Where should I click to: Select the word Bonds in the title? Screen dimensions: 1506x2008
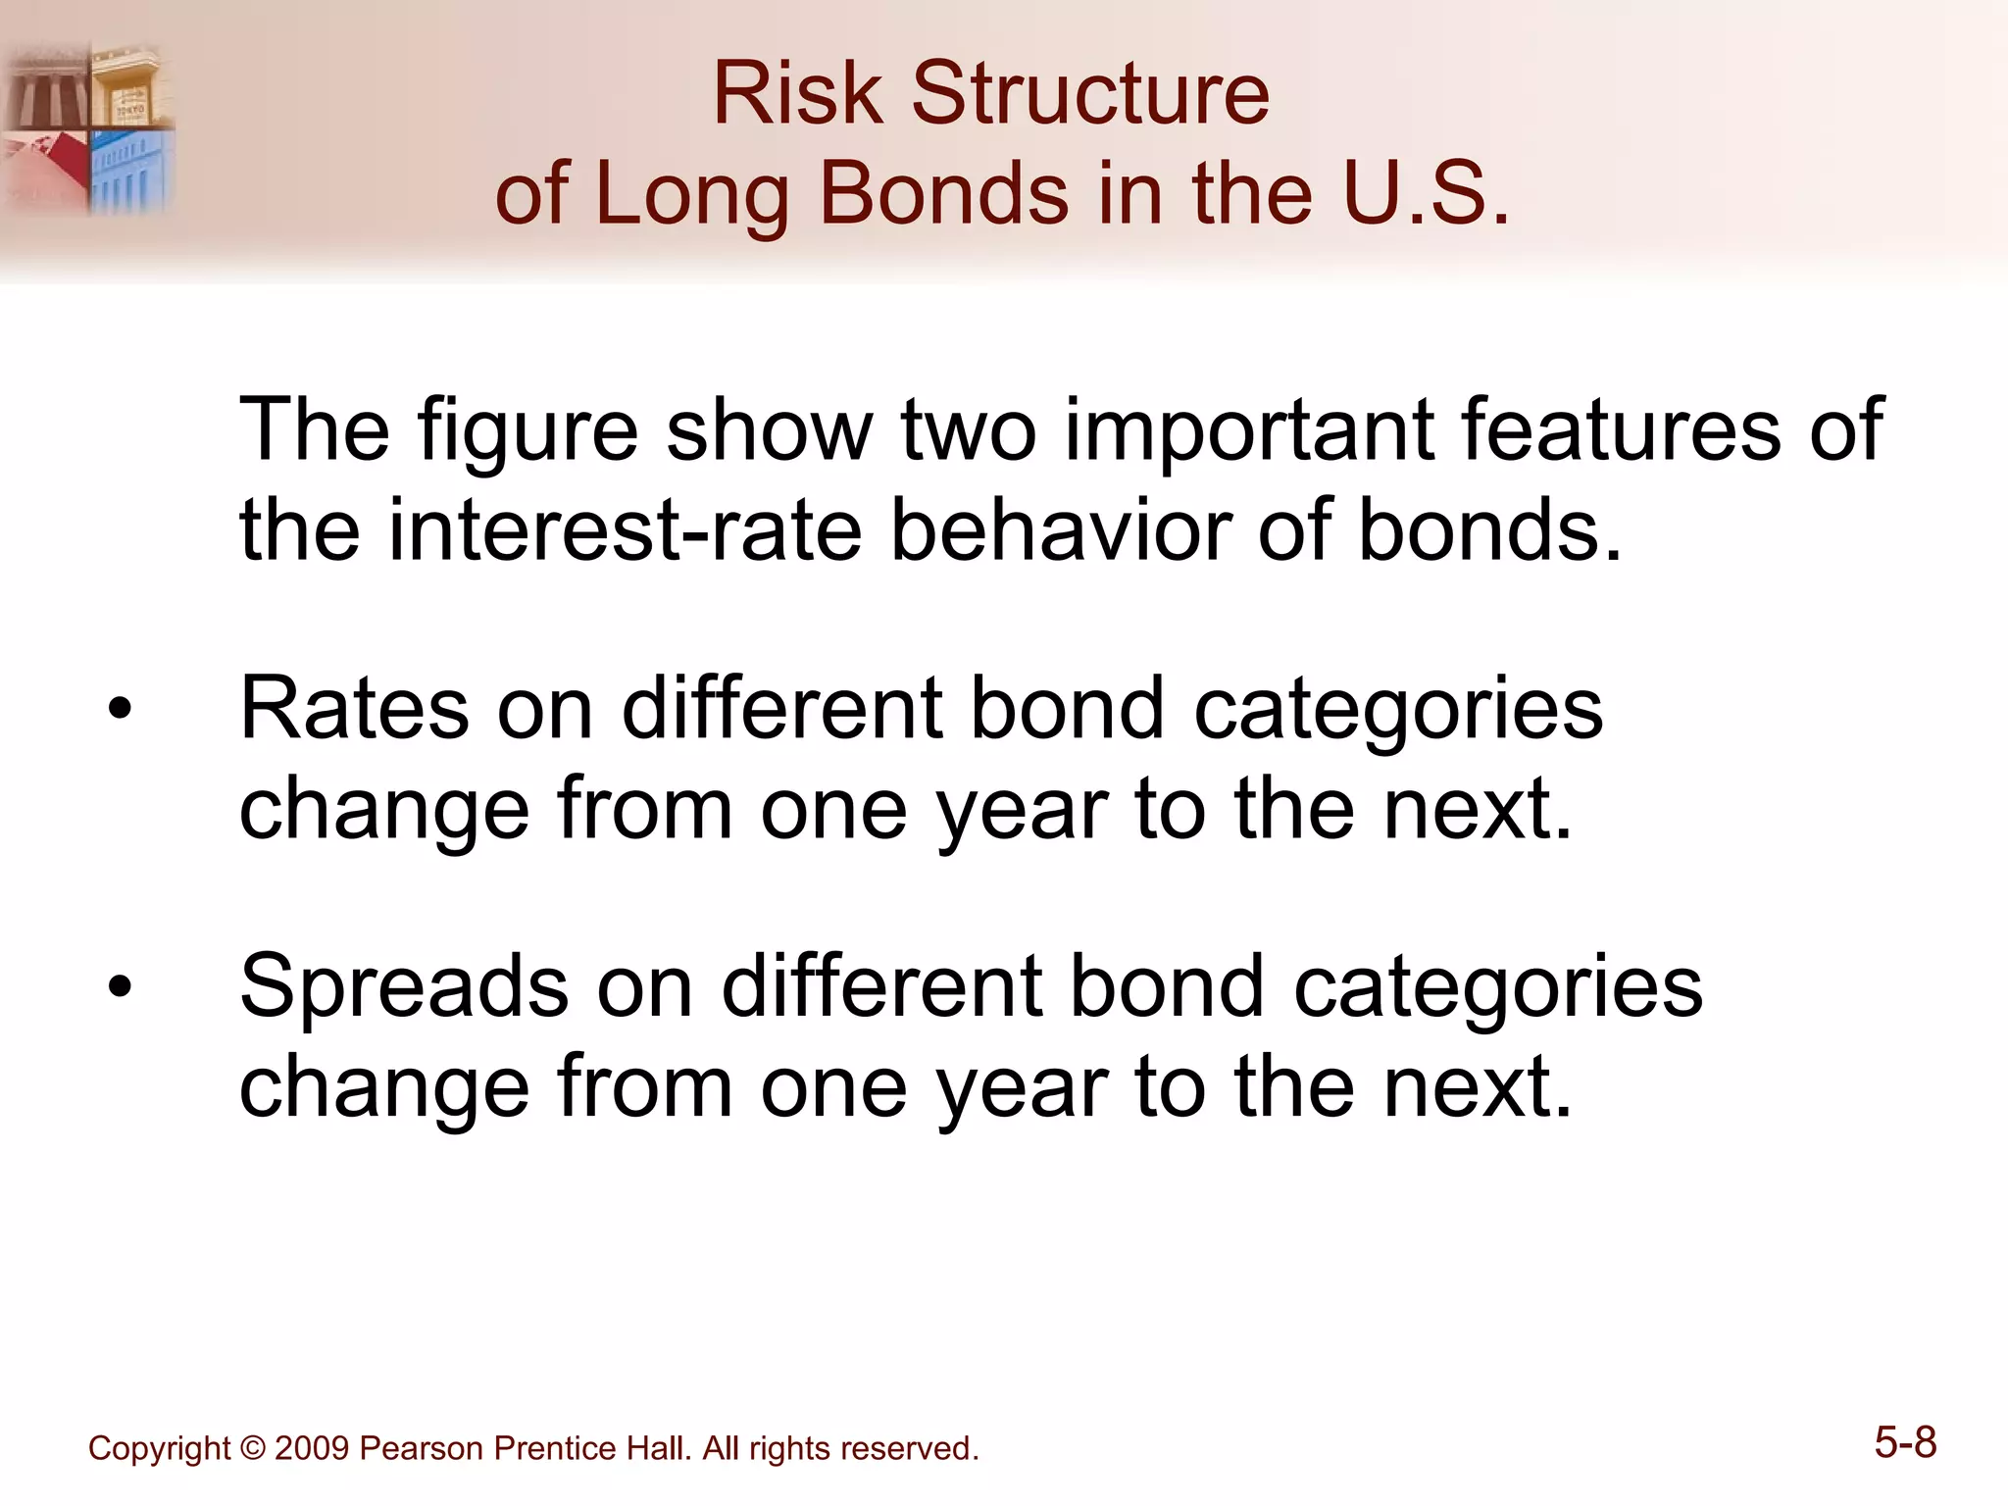942,193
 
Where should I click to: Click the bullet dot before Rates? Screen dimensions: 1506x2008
120,709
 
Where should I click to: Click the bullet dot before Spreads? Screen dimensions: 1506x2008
120,986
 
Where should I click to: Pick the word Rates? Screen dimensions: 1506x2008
354,709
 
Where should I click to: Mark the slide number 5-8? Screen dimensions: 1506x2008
1905,1442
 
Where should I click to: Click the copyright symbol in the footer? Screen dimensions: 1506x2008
252,1448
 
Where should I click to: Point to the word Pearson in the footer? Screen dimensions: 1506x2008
422,1448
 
